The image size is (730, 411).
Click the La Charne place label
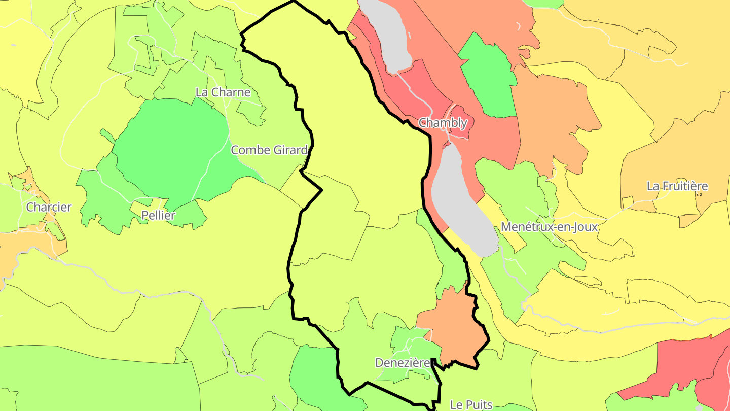click(x=223, y=92)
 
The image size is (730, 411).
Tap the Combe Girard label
click(x=269, y=150)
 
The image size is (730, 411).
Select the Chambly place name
click(x=443, y=123)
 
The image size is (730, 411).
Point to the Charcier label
click(x=49, y=207)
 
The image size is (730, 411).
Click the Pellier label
click(x=158, y=215)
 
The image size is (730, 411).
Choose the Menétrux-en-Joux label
click(x=550, y=227)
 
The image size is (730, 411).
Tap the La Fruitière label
click(x=677, y=186)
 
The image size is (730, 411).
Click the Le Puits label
click(x=471, y=404)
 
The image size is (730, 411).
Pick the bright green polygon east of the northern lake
click(x=488, y=76)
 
